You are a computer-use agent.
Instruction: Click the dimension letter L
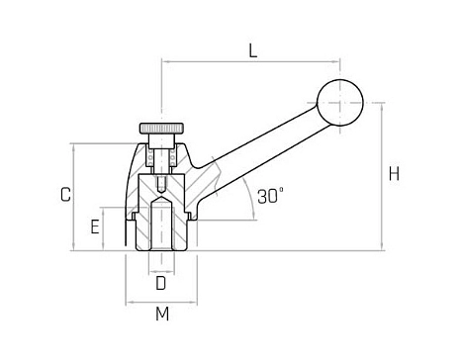click(253, 50)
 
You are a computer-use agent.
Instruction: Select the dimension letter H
click(394, 174)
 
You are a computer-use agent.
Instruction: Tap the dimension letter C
click(66, 195)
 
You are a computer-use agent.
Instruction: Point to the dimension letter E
click(95, 227)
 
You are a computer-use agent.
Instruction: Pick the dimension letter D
click(160, 283)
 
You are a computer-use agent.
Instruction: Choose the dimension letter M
click(162, 314)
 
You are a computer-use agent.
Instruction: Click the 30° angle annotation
click(270, 196)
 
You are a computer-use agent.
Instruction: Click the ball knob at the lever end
click(340, 103)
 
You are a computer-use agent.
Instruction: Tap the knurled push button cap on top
click(161, 129)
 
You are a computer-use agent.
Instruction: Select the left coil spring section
click(150, 157)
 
